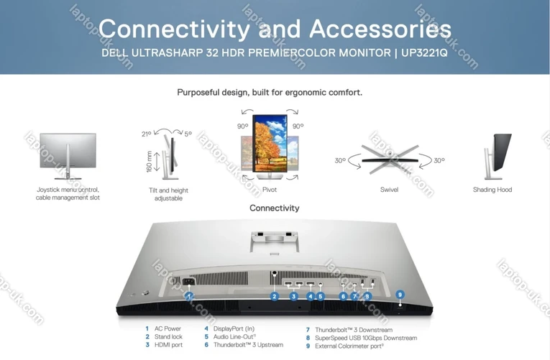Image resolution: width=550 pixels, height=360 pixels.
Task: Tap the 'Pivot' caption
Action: tap(270, 190)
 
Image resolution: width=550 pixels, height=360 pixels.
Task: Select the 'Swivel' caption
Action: tap(389, 190)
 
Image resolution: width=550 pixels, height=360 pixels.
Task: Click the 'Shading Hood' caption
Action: tap(492, 190)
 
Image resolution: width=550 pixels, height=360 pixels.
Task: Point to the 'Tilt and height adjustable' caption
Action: tap(168, 194)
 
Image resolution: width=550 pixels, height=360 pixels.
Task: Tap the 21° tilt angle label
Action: tap(147, 134)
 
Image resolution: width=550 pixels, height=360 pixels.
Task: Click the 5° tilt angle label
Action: tap(188, 134)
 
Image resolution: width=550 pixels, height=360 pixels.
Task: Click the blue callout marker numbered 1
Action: tap(189, 295)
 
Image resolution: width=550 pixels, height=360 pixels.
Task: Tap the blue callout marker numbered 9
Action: tap(400, 294)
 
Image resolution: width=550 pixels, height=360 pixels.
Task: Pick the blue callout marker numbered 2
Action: tap(274, 296)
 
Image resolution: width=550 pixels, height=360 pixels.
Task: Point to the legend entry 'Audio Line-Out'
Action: tap(234, 337)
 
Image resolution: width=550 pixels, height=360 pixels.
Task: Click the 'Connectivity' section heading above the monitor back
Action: tap(274, 208)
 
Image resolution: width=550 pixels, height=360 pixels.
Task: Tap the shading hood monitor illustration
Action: tap(497, 155)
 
